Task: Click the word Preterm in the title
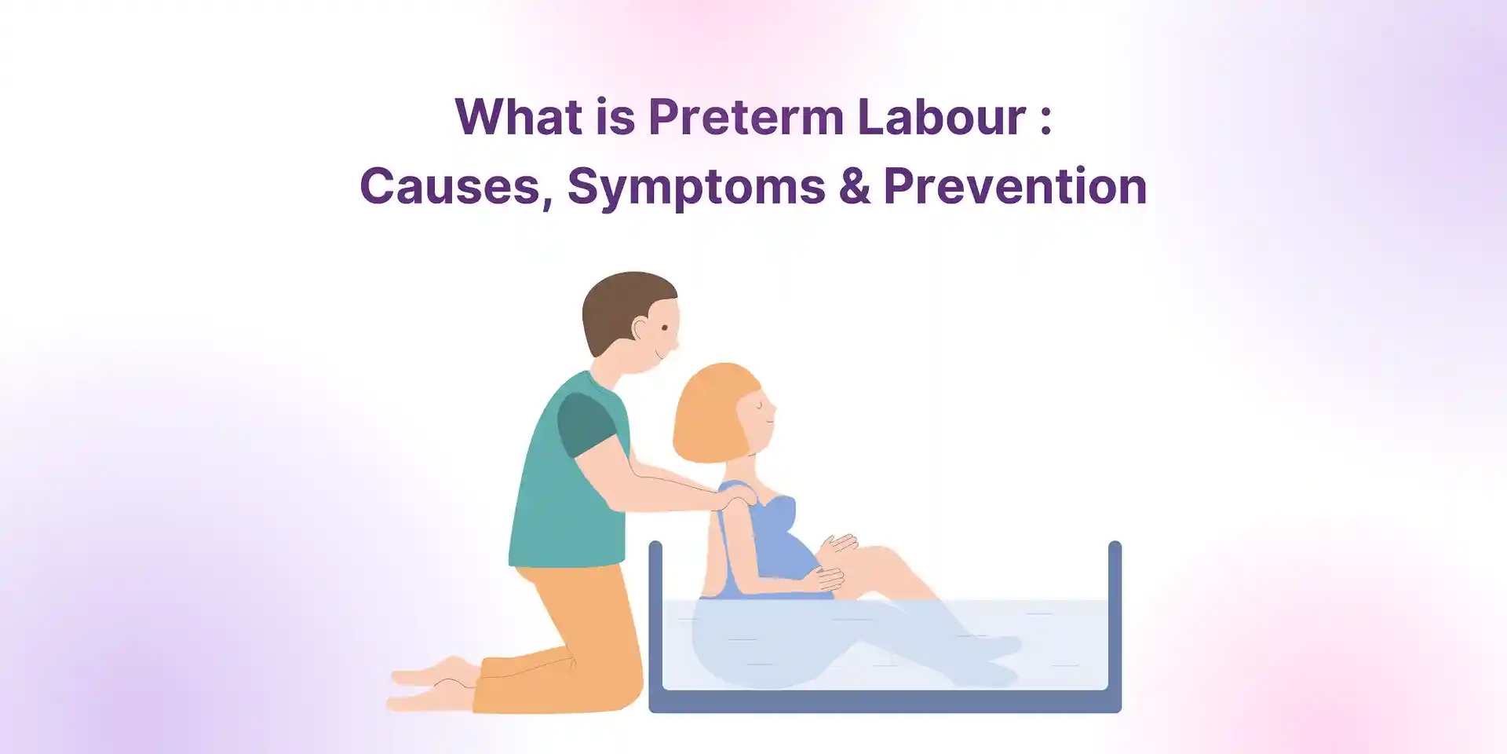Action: coord(746,117)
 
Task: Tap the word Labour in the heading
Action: coord(941,117)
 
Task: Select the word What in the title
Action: coord(519,117)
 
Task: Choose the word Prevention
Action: coord(1015,187)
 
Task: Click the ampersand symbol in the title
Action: coord(854,187)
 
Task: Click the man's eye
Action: coord(665,328)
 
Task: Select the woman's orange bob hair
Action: coord(710,412)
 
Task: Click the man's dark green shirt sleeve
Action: coord(585,424)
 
